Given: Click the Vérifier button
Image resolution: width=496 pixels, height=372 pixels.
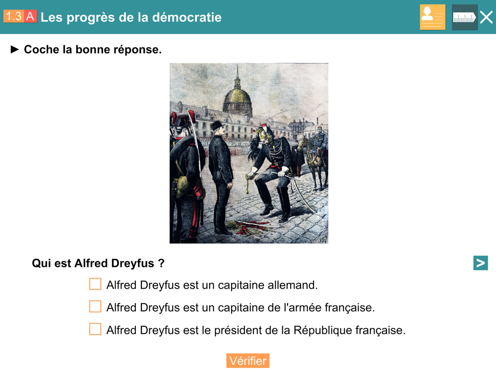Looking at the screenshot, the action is (248, 361).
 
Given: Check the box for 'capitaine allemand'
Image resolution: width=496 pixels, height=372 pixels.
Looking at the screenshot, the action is (95, 284).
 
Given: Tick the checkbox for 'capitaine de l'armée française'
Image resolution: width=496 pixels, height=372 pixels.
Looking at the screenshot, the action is (95, 307).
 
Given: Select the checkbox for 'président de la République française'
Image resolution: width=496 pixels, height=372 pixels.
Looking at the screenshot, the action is (95, 329).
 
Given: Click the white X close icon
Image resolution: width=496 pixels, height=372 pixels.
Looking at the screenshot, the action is (486, 17).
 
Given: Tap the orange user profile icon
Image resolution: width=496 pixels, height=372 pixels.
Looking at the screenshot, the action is (433, 17).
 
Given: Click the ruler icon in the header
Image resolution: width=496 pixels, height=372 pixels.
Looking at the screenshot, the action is (464, 17).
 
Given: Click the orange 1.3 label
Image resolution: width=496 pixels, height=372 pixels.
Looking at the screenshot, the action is (14, 16).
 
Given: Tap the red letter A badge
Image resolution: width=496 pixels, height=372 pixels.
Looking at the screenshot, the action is (30, 16).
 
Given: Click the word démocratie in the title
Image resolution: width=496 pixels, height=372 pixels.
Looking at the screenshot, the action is (186, 17).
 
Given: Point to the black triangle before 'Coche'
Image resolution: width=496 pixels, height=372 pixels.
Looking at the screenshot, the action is (14, 49).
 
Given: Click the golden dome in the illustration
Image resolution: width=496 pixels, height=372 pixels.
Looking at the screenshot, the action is (237, 99).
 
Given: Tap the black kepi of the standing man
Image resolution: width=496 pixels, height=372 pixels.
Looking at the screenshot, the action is (217, 125).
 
